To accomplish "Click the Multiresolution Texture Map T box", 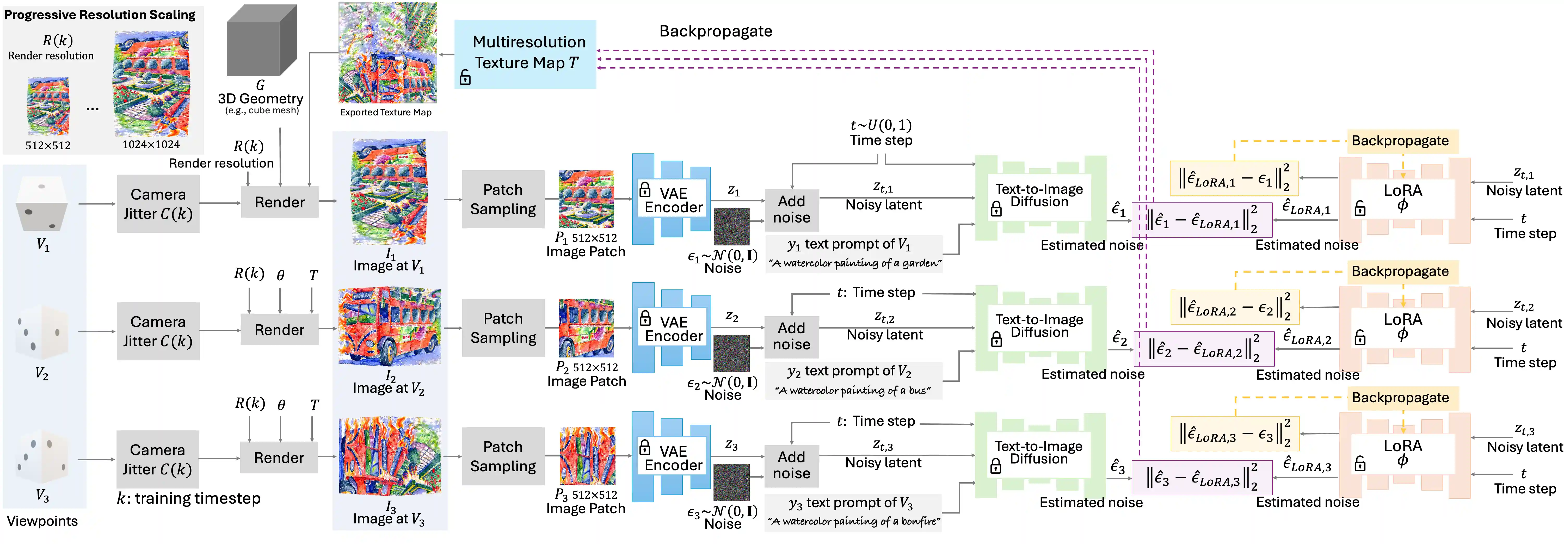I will tap(525, 53).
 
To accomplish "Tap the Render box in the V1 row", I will tap(279, 202).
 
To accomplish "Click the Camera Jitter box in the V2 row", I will tap(158, 331).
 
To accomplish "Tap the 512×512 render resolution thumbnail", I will tap(48, 106).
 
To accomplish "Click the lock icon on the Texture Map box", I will tap(465, 77).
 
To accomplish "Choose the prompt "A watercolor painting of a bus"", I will tap(853, 390).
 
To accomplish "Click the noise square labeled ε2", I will tap(731, 353).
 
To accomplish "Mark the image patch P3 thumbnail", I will tap(587, 455).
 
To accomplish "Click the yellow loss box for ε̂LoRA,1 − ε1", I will tap(1234, 178).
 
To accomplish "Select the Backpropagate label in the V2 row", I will tap(1400, 271).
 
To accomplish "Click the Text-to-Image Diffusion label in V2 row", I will tap(1039, 326).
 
